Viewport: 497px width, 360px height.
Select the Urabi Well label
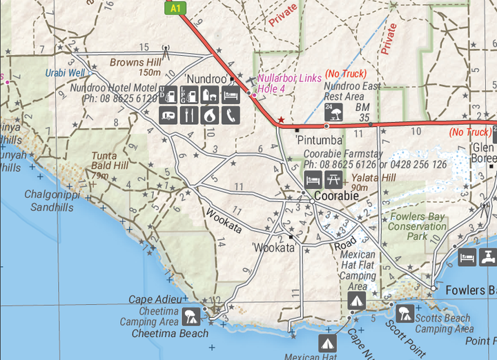click(x=66, y=72)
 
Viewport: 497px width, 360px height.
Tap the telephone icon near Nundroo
click(x=229, y=115)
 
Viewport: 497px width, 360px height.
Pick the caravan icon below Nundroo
click(x=168, y=115)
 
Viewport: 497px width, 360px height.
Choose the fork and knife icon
click(x=188, y=115)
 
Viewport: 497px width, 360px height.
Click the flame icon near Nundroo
click(x=208, y=115)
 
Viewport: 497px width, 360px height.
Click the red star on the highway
click(x=281, y=119)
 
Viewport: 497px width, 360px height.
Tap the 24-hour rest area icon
click(x=329, y=110)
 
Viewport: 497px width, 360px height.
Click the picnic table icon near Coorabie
click(x=333, y=180)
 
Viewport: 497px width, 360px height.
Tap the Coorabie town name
click(x=336, y=197)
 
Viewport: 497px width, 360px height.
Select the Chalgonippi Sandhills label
click(x=49, y=200)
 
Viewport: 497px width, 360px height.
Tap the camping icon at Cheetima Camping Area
click(x=191, y=317)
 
